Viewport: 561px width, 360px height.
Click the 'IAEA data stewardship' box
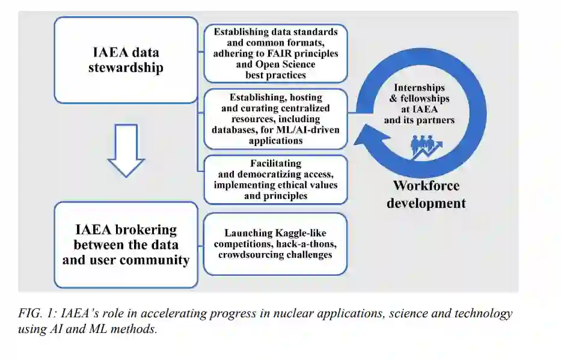tap(126, 59)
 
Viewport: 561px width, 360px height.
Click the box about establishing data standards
tap(275, 53)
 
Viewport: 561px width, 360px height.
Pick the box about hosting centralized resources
tap(275, 119)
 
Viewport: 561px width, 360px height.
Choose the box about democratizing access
tap(275, 179)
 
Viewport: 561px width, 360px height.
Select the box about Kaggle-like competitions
tap(275, 243)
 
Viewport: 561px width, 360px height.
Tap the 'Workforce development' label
tap(426, 194)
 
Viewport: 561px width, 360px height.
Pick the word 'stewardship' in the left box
tap(126, 67)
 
